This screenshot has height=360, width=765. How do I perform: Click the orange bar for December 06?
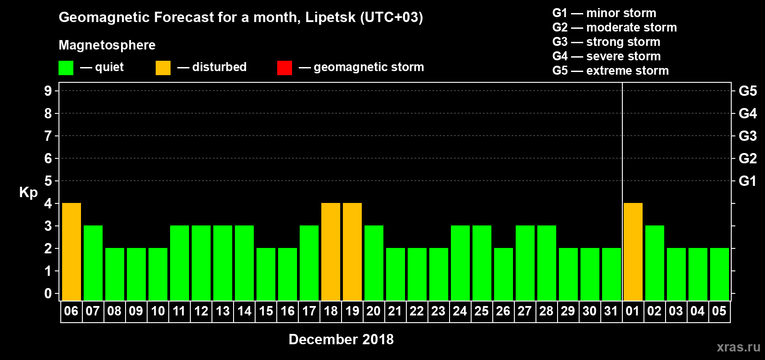point(72,252)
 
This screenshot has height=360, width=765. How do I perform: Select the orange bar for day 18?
point(331,252)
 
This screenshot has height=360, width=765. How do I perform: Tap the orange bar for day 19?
point(352,252)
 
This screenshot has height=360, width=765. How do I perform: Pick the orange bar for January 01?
point(633,252)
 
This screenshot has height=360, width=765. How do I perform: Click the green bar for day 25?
point(482,263)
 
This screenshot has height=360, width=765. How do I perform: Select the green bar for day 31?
point(612,274)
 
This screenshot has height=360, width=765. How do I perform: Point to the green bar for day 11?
point(180,263)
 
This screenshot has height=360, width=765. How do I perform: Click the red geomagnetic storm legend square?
point(284,68)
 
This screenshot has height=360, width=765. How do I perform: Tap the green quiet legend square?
point(66,68)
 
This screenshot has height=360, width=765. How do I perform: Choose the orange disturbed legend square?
point(163,68)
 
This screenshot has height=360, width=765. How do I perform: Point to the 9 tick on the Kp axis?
point(48,91)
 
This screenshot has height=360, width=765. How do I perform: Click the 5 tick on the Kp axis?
point(48,181)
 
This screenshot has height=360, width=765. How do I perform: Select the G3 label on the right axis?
point(747,136)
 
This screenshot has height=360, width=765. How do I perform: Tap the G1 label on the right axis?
point(747,181)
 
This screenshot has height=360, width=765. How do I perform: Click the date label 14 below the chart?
point(244,311)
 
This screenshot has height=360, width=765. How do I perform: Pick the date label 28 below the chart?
point(546,311)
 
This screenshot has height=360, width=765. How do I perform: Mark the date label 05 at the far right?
point(719,311)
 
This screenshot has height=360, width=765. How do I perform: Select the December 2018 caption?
point(341,339)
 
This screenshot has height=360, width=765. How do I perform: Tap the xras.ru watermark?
point(738,347)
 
